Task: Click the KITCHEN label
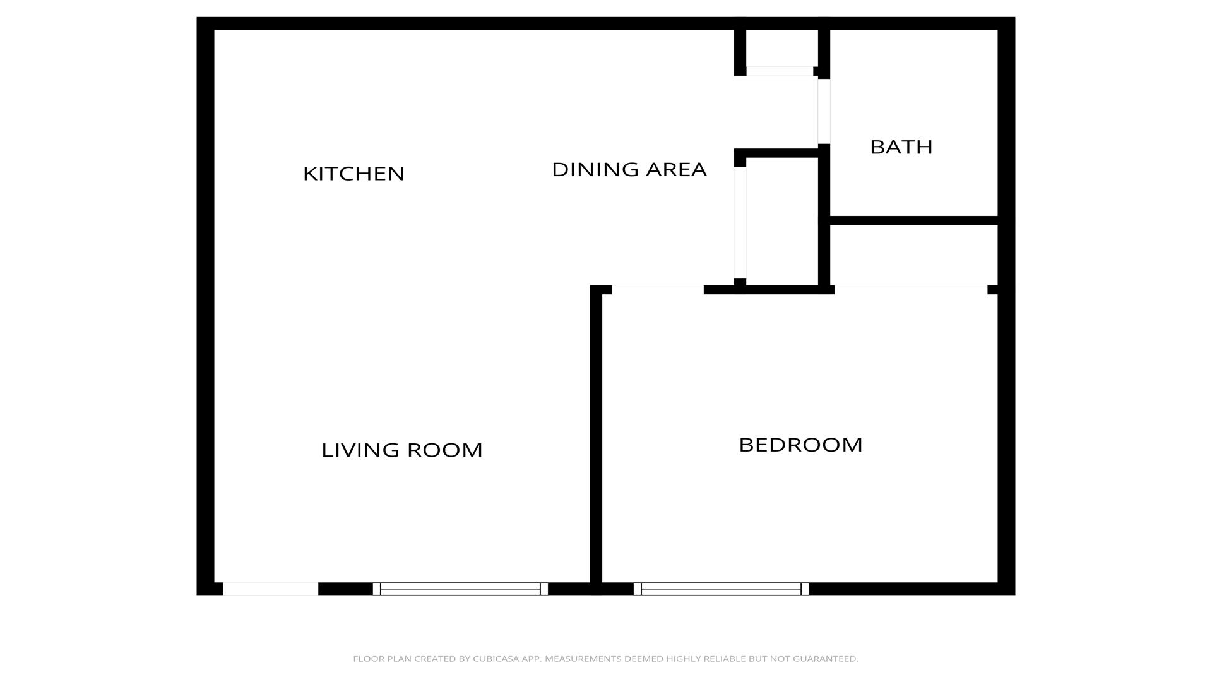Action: [x=353, y=174]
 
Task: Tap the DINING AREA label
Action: [x=629, y=169]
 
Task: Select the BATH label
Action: [x=901, y=147]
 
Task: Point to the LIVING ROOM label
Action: [x=401, y=450]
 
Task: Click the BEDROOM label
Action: [x=800, y=445]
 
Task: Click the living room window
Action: [x=460, y=589]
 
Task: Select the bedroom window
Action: [x=721, y=589]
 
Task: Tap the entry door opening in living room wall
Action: [x=271, y=589]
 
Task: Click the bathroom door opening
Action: [x=824, y=111]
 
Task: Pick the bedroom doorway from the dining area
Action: [x=658, y=290]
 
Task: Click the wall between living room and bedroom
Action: [x=596, y=436]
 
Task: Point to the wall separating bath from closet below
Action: [x=913, y=220]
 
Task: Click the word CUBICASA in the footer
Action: [x=497, y=659]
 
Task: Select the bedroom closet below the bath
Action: [x=913, y=255]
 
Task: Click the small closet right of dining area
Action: [x=782, y=221]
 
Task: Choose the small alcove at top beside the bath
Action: [x=782, y=48]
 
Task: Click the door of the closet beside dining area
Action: [x=740, y=223]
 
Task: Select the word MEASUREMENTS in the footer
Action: [x=583, y=659]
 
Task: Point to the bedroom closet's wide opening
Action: [x=911, y=289]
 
